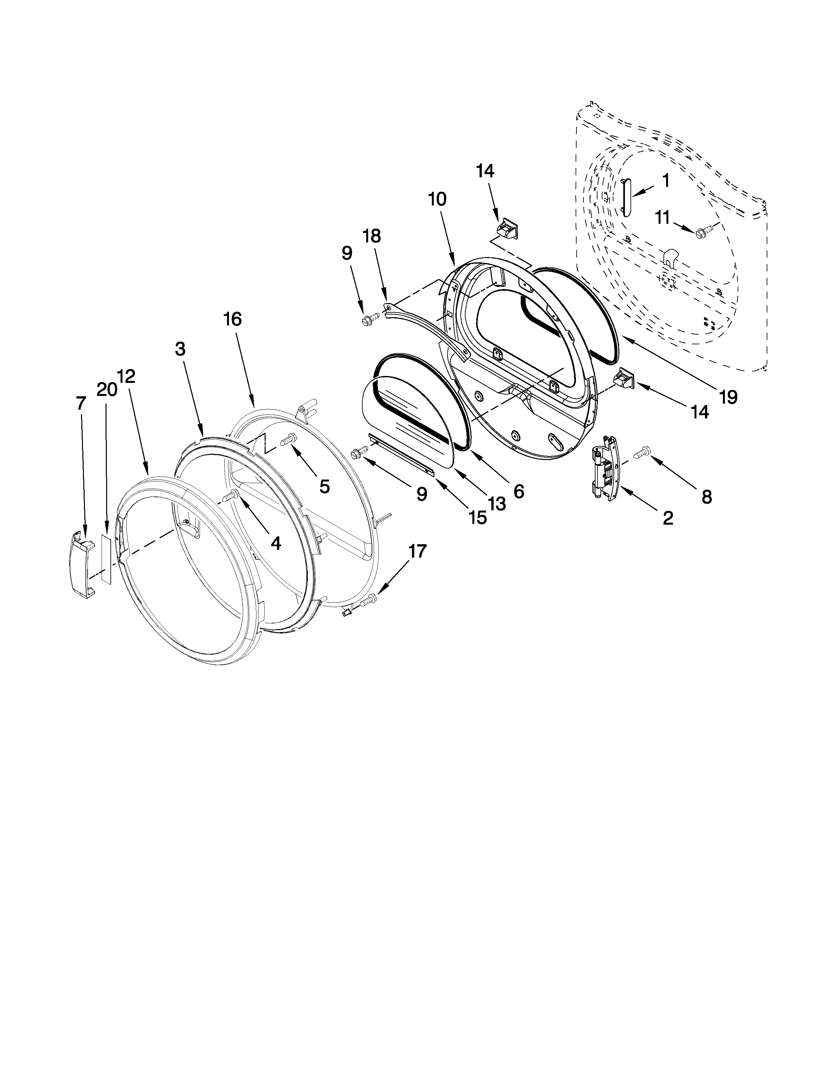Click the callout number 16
pos(232,319)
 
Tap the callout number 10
pos(437,199)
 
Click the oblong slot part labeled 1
pos(627,197)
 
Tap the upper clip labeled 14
pos(507,229)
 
